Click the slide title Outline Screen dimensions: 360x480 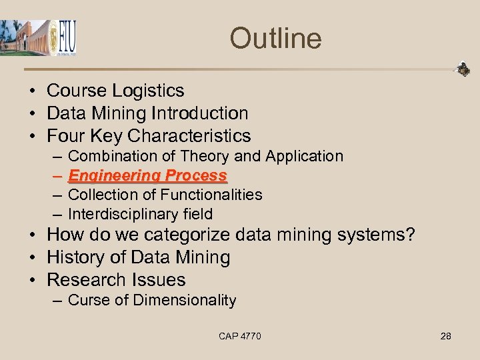tap(275, 38)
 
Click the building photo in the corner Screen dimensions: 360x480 tap(25, 37)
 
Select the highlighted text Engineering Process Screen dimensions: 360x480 tap(147, 175)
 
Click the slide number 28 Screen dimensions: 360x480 tap(445, 336)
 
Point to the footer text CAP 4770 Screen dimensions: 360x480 tap(240, 336)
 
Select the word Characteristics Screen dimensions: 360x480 tap(189, 136)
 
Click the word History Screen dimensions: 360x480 tap(77, 257)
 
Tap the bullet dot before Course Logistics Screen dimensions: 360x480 tap(32, 91)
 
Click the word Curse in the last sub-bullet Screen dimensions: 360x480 tap(88, 300)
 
